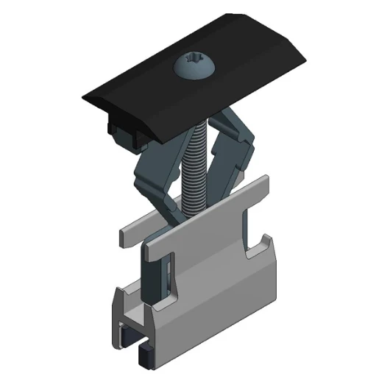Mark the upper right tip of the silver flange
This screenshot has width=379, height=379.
(x=265, y=180)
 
